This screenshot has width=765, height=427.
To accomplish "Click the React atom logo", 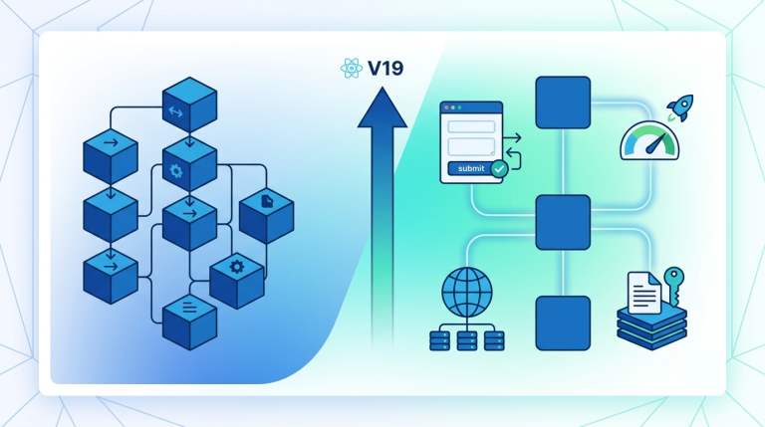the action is pyautogui.click(x=352, y=69).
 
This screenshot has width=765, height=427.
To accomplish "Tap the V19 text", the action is pyautogui.click(x=385, y=69).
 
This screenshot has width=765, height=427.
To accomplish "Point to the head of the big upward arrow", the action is pyautogui.click(x=382, y=107).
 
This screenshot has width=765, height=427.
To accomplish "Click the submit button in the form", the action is pyautogui.click(x=471, y=168).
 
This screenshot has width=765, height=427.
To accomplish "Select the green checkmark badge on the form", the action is pyautogui.click(x=499, y=169).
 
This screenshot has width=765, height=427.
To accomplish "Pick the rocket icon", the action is pyautogui.click(x=680, y=107).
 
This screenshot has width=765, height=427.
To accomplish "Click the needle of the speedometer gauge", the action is pyautogui.click(x=655, y=143).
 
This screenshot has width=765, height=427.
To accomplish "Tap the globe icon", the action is pyautogui.click(x=467, y=293).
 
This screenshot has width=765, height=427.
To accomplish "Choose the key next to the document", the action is pyautogui.click(x=673, y=286).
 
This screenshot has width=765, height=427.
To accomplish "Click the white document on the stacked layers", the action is pyautogui.click(x=644, y=293).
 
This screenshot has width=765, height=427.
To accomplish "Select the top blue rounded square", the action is pyautogui.click(x=563, y=103).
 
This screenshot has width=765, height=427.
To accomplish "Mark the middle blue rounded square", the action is pyautogui.click(x=563, y=222).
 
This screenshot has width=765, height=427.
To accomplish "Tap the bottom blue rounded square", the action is pyautogui.click(x=563, y=322).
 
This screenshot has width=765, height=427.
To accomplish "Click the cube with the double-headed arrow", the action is pyautogui.click(x=189, y=105).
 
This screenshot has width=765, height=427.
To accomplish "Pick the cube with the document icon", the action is pyautogui.click(x=266, y=216).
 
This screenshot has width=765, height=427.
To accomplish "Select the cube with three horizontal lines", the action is pyautogui.click(x=189, y=321).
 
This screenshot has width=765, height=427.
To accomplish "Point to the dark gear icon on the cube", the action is pyautogui.click(x=237, y=267).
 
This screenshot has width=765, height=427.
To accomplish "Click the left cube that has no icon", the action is pyautogui.click(x=111, y=214).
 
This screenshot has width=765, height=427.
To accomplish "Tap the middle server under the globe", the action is pyautogui.click(x=467, y=340).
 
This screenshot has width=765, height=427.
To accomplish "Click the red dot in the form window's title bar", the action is pyautogui.click(x=446, y=107).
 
